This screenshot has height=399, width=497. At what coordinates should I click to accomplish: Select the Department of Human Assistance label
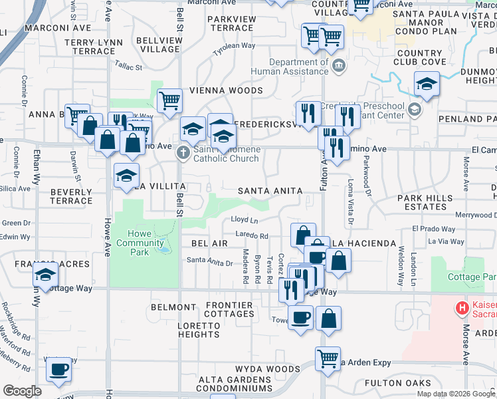pos(290,67)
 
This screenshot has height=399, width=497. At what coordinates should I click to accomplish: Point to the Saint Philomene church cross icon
pos(183,154)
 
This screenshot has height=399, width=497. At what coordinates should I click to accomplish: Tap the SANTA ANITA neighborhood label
pos(270,191)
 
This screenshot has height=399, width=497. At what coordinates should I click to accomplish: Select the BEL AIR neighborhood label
pos(209,243)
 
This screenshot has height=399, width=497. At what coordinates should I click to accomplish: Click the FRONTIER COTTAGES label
pos(229,310)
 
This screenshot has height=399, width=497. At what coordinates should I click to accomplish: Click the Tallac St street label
pos(129,67)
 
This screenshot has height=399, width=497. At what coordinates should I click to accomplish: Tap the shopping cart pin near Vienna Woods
pos(169,101)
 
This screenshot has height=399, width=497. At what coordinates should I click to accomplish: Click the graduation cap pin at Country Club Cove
pos(426,84)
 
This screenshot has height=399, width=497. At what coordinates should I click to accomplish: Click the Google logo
pos(23,391)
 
